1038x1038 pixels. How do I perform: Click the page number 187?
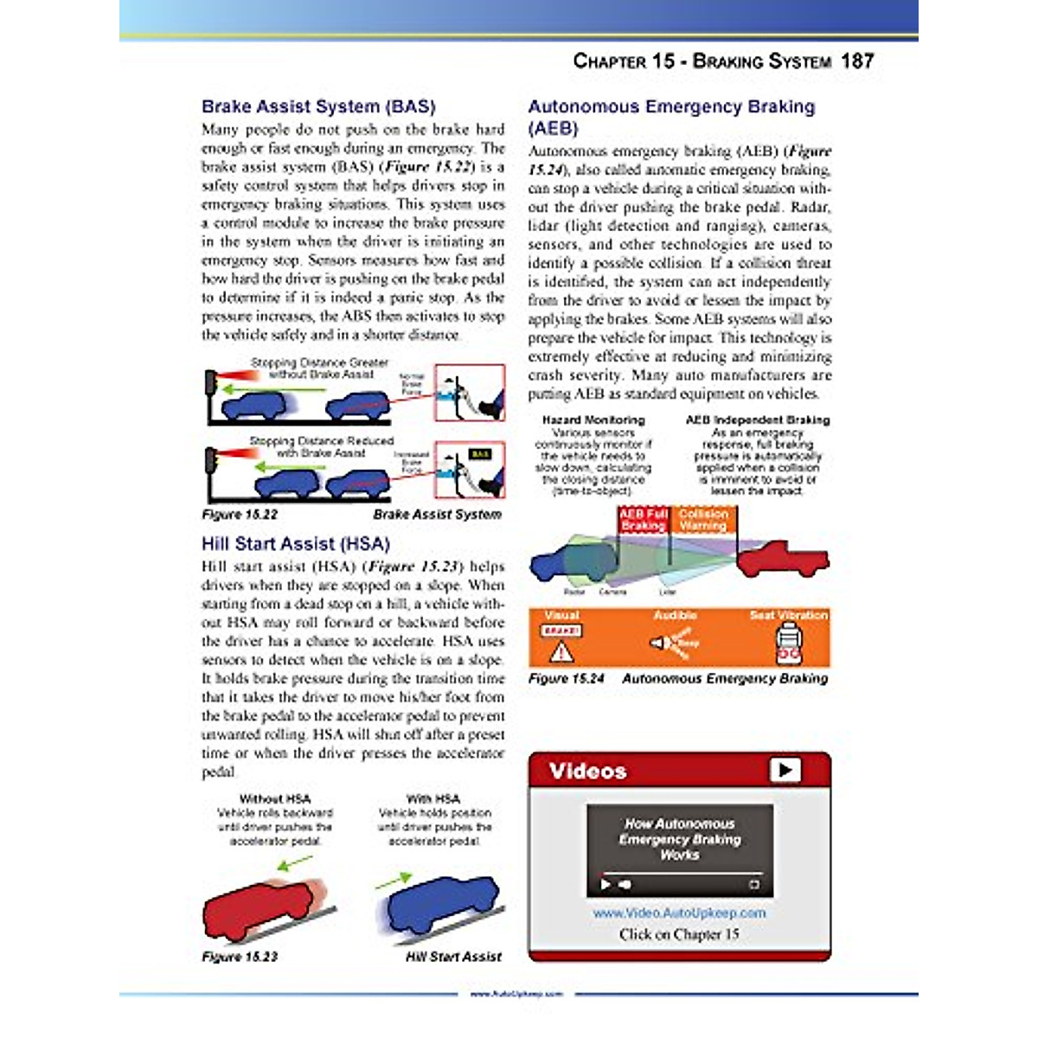[x=856, y=61]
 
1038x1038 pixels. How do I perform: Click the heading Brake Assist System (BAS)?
[x=318, y=107]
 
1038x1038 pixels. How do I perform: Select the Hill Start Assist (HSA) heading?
[x=296, y=544]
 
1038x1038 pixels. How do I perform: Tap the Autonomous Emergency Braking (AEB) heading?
[x=671, y=117]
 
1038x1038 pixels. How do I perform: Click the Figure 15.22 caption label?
[x=240, y=515]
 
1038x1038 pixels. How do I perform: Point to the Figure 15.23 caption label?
[x=240, y=957]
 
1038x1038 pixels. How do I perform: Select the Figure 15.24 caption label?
[x=567, y=679]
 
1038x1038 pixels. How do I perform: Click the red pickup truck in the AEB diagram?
[x=783, y=559]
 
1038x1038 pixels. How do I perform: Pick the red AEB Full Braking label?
[x=643, y=520]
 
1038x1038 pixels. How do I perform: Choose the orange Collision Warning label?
[x=703, y=520]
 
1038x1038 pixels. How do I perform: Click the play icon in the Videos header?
[x=785, y=770]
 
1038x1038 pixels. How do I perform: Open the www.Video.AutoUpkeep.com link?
[x=679, y=913]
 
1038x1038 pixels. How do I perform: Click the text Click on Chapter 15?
[x=679, y=934]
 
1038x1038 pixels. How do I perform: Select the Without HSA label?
[x=274, y=799]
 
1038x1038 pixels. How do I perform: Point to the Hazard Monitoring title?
[x=593, y=420]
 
